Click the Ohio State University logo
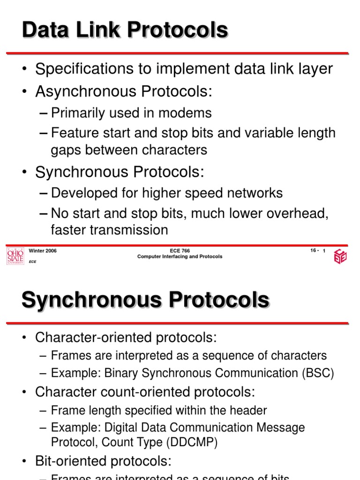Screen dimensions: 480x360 (15, 256)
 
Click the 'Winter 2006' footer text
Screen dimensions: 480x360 (43, 251)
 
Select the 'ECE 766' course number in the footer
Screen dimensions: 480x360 (180, 251)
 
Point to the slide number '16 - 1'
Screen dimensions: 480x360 (318, 251)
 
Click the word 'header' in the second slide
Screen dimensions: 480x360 (248, 411)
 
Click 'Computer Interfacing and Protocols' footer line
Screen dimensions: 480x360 (180, 257)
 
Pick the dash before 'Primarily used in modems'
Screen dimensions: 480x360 (44, 113)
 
